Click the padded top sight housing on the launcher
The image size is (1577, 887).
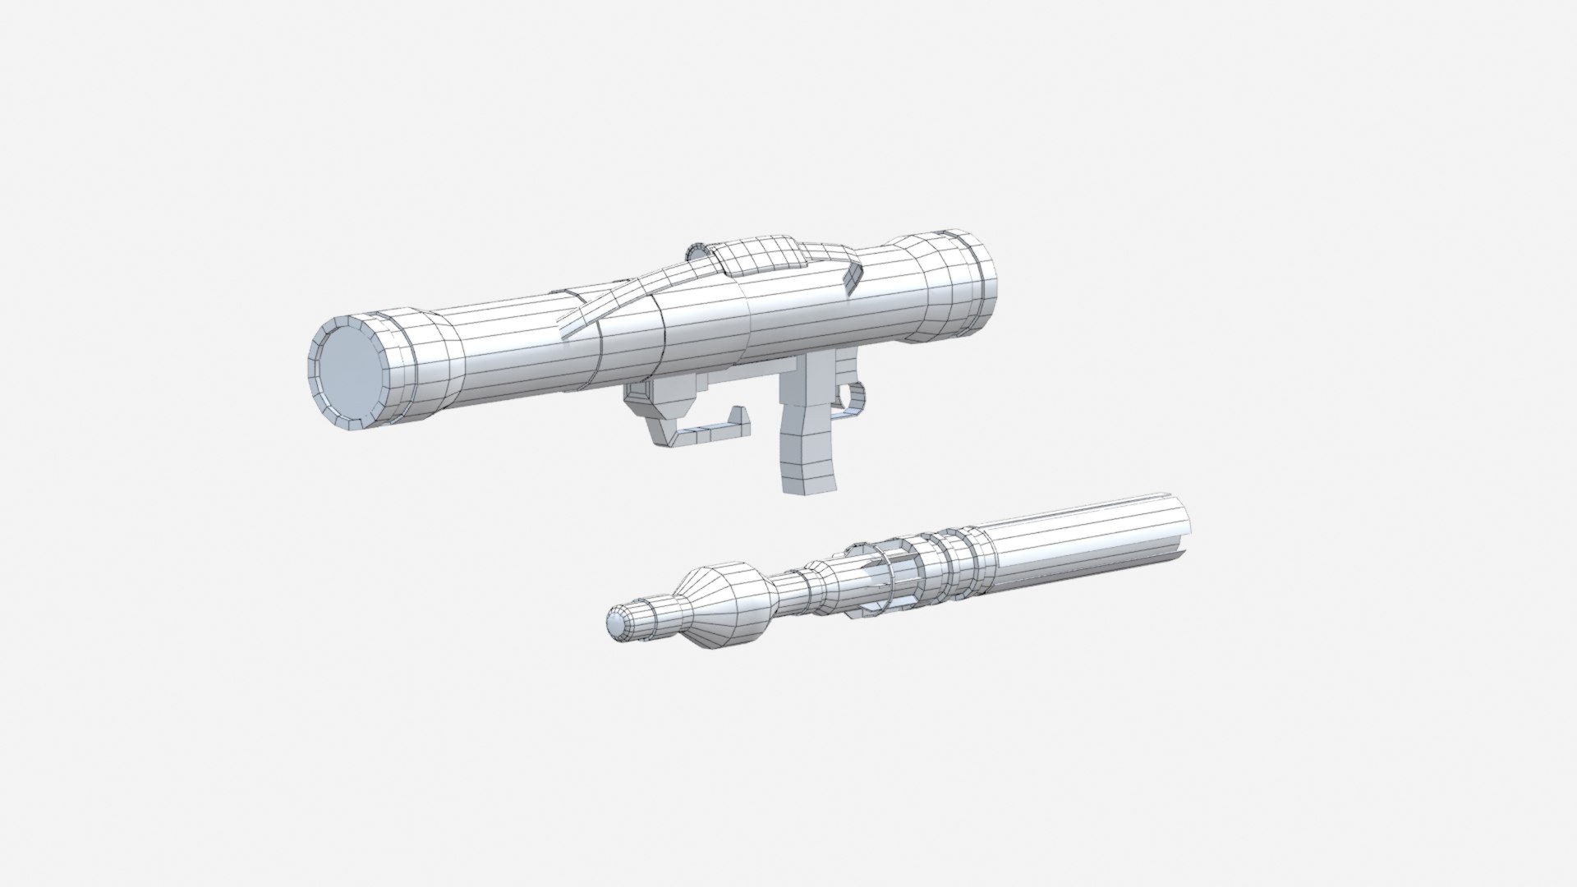[x=759, y=255]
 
